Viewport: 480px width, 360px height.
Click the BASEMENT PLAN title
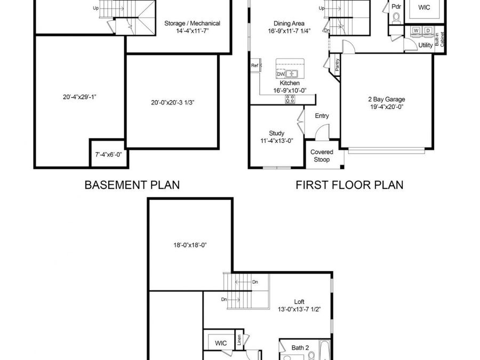132,185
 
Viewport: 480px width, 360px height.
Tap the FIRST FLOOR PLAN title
349,185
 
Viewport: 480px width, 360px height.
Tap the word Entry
322,116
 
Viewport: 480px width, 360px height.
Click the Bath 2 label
300,348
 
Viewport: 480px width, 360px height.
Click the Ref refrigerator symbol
254,66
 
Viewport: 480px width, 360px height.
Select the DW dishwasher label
281,74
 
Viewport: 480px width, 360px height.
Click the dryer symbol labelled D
428,30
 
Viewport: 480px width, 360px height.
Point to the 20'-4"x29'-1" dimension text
79,97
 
